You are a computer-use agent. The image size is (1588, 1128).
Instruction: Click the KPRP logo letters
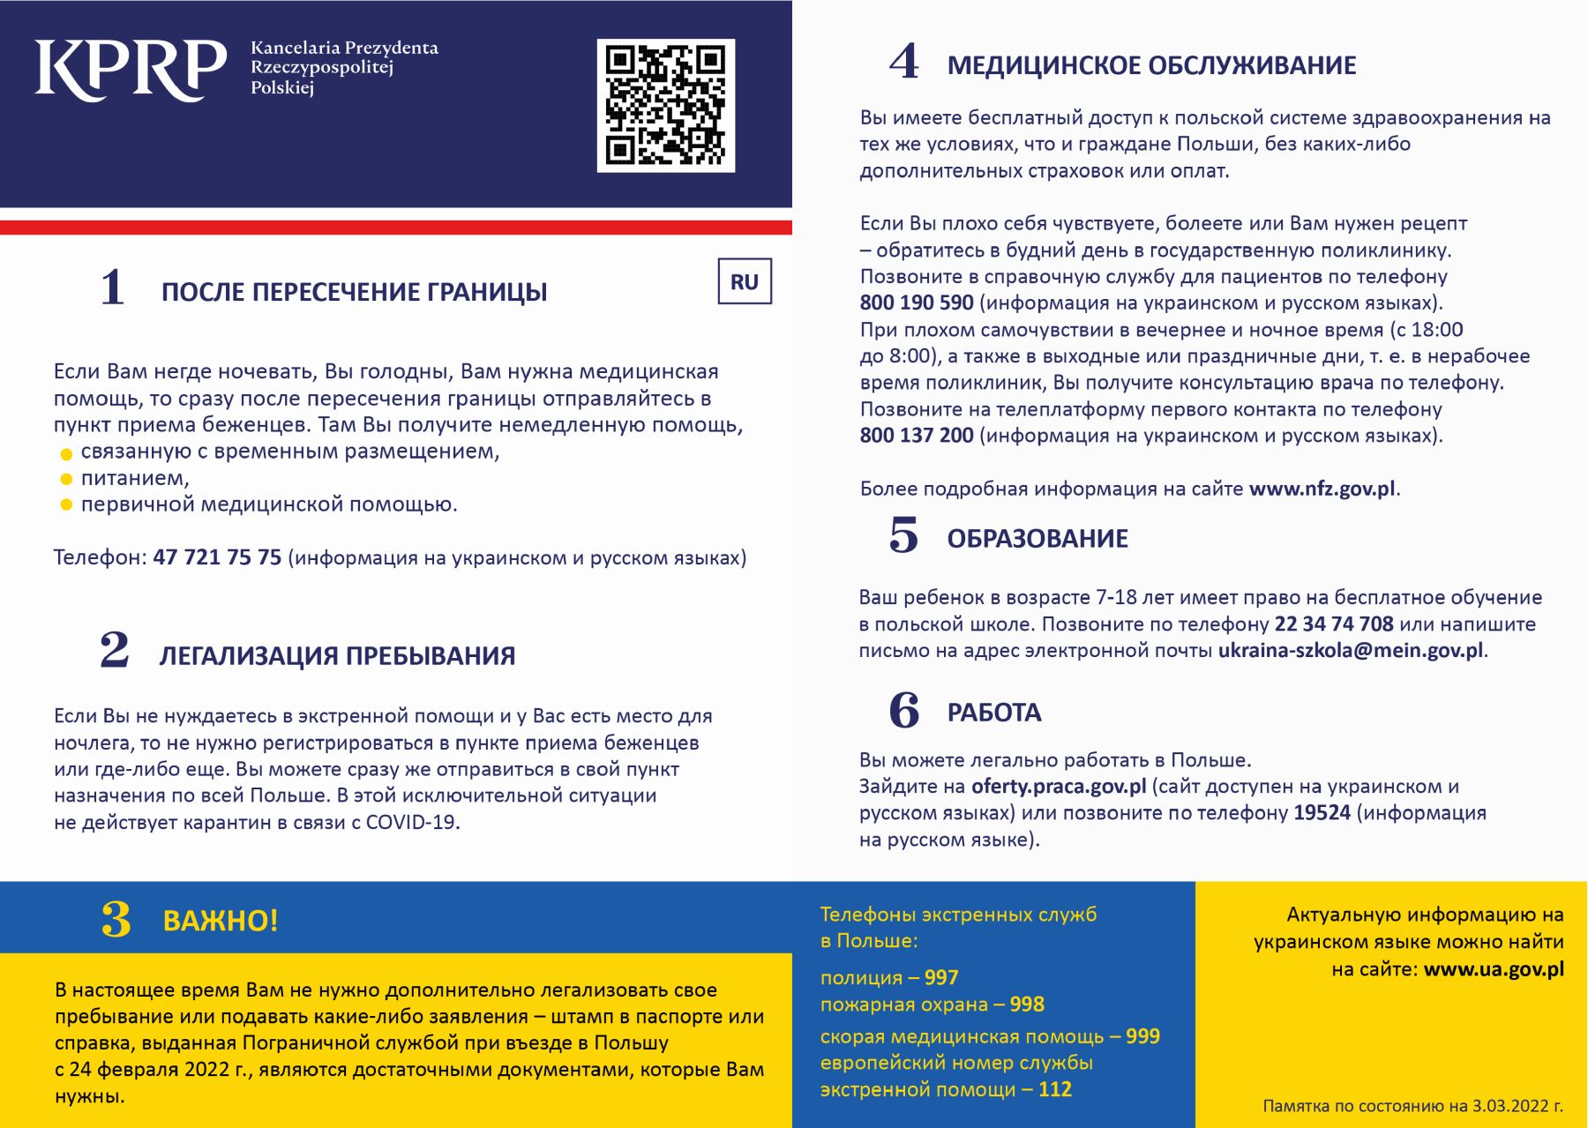[130, 70]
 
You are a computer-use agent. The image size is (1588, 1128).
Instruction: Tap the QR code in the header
[665, 105]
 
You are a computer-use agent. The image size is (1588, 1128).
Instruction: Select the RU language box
[745, 281]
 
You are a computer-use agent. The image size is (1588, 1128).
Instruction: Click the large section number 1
[113, 288]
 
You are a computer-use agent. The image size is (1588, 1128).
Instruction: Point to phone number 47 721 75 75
[217, 557]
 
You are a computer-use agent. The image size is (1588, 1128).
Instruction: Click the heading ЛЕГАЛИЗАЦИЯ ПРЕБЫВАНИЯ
[337, 656]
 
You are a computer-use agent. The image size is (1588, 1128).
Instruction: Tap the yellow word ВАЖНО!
[221, 921]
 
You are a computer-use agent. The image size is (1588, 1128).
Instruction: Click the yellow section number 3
[116, 919]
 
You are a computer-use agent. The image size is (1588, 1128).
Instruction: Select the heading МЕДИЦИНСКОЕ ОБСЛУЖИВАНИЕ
[1151, 65]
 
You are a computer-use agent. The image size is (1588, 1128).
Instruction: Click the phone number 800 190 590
[917, 303]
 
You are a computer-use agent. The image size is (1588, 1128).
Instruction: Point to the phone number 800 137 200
[917, 436]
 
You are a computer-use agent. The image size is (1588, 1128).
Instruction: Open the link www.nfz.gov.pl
[1322, 489]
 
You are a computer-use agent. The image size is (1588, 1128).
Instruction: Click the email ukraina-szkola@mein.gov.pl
[1350, 651]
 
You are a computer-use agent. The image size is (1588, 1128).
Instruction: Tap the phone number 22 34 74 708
[1334, 624]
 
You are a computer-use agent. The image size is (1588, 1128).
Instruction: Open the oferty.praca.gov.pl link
[1059, 787]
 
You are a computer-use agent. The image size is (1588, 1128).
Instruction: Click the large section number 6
[904, 711]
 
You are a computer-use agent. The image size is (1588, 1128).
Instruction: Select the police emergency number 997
[941, 978]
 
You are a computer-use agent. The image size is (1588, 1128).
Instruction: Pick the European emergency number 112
[1055, 1090]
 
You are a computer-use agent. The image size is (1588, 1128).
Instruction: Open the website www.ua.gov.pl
[1494, 969]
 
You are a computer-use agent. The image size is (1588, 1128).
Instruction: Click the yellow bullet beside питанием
[66, 480]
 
